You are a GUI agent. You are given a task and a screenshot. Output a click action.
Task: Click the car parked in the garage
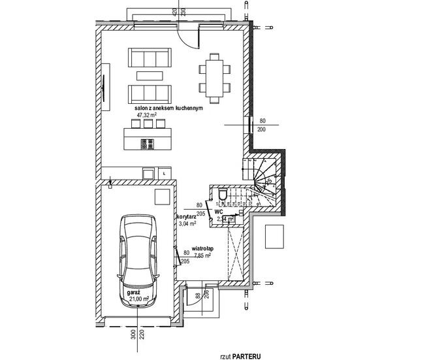[x=138, y=259]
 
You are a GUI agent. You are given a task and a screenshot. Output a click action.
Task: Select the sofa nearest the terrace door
[x=147, y=59]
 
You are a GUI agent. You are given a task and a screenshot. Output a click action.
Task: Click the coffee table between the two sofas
[x=147, y=75]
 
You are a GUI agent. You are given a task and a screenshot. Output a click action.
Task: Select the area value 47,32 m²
[x=148, y=115]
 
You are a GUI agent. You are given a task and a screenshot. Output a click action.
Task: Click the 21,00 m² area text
[x=138, y=299]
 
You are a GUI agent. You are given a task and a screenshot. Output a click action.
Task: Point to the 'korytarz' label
[x=187, y=216]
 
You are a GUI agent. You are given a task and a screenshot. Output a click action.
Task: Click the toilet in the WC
[x=224, y=195]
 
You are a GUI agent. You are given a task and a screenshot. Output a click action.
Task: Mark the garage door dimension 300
[x=132, y=336]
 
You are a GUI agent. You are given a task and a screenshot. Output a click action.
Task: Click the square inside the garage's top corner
[x=161, y=197]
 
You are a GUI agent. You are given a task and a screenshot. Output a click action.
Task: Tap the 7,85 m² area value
[x=202, y=255]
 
